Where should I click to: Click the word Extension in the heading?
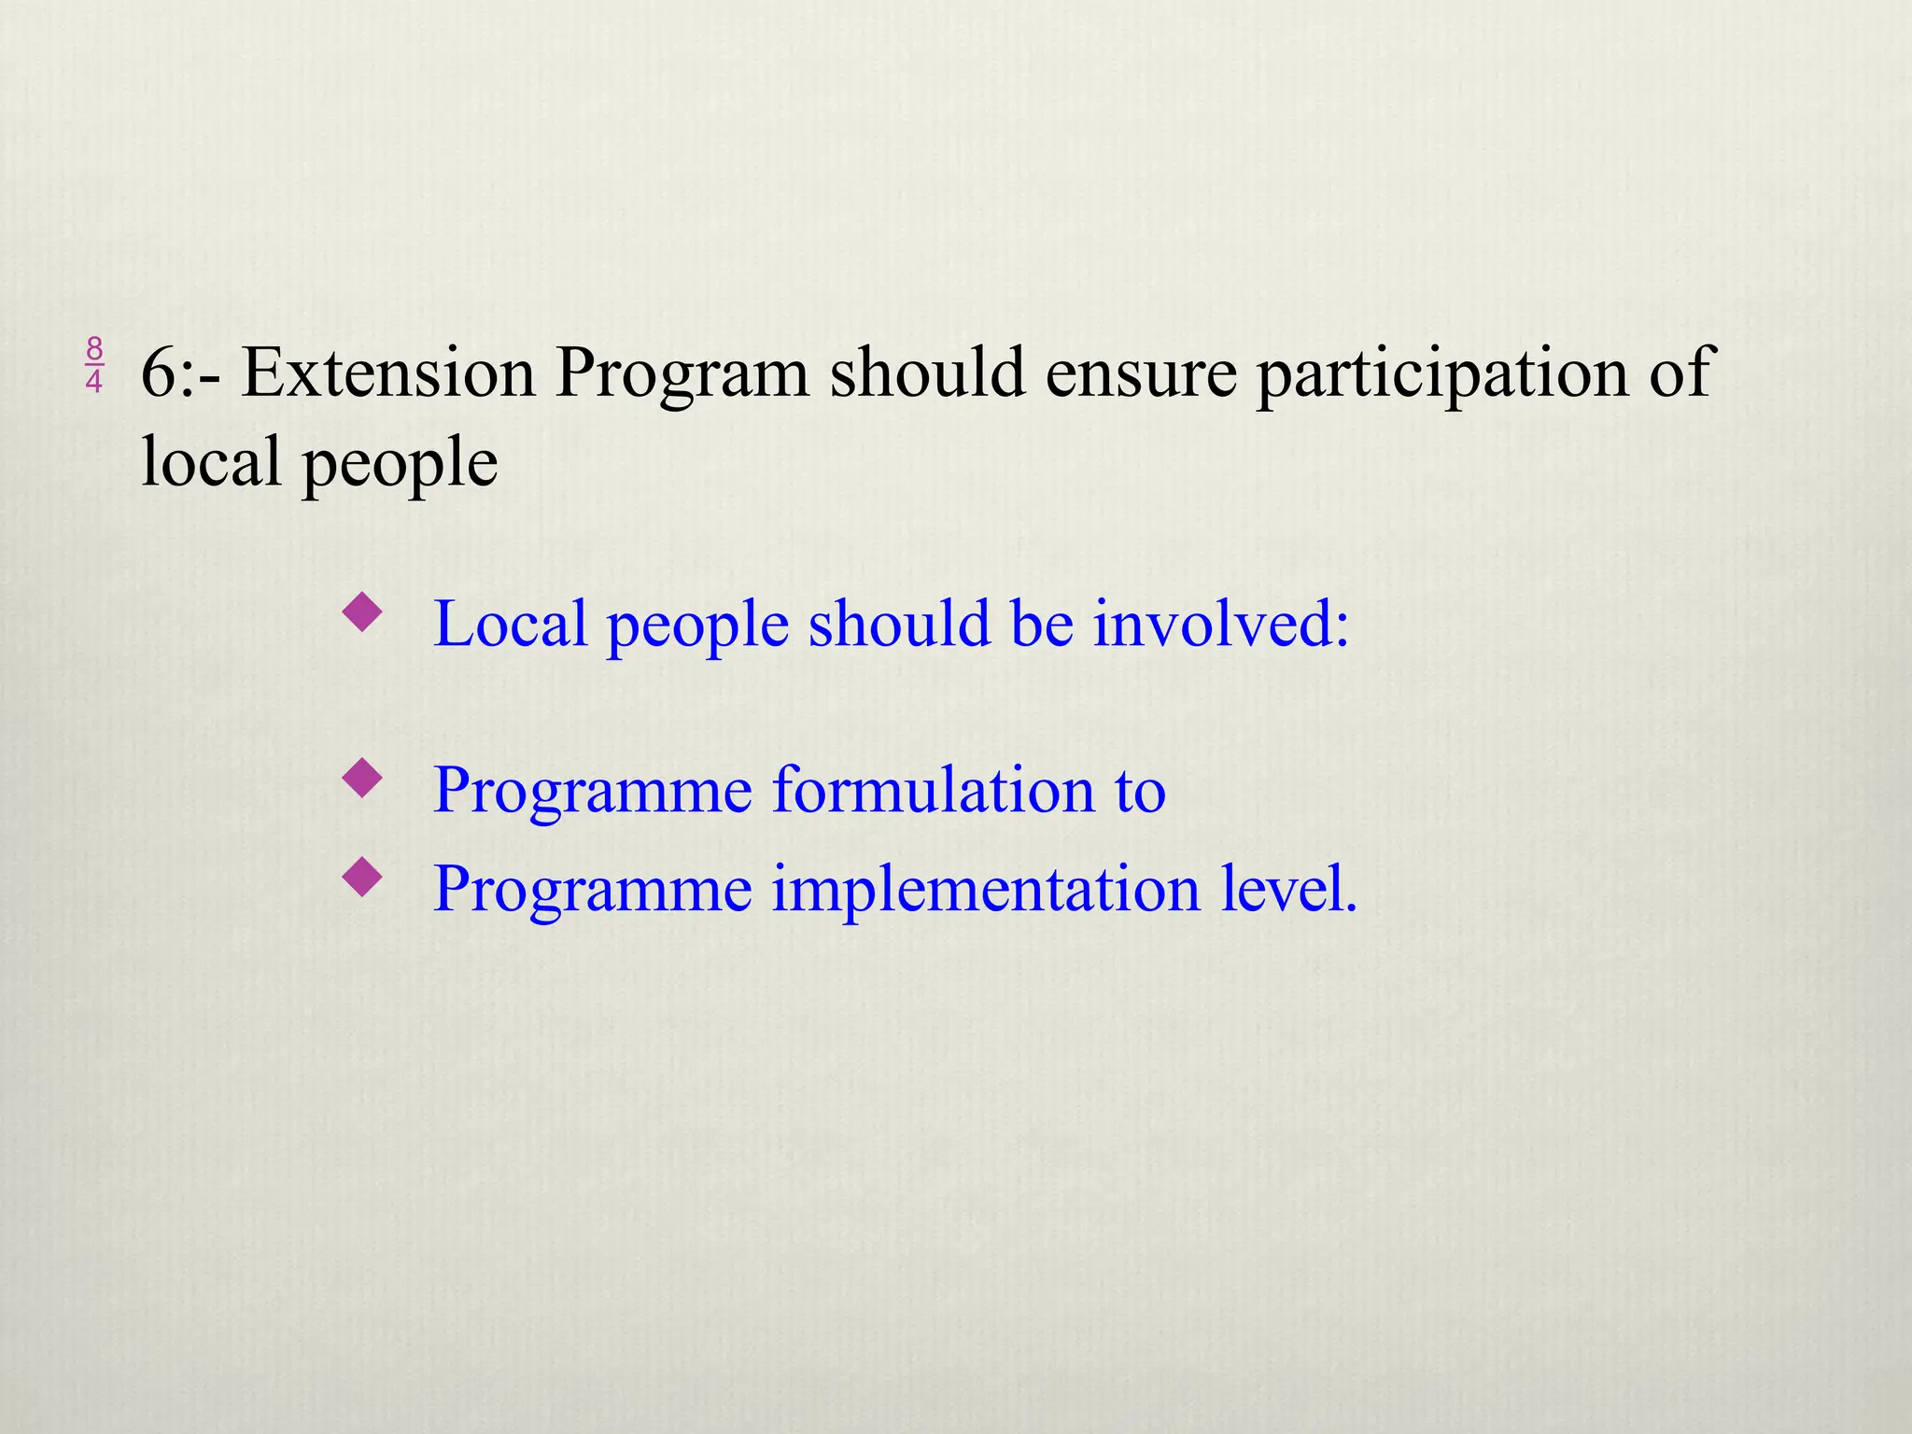click(388, 373)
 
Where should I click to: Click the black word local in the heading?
click(211, 462)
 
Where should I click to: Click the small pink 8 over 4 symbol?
click(94, 365)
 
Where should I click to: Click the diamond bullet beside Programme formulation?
click(362, 779)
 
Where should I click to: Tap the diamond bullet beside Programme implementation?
click(362, 877)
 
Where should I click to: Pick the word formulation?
click(932, 790)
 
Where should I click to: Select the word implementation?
click(986, 889)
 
